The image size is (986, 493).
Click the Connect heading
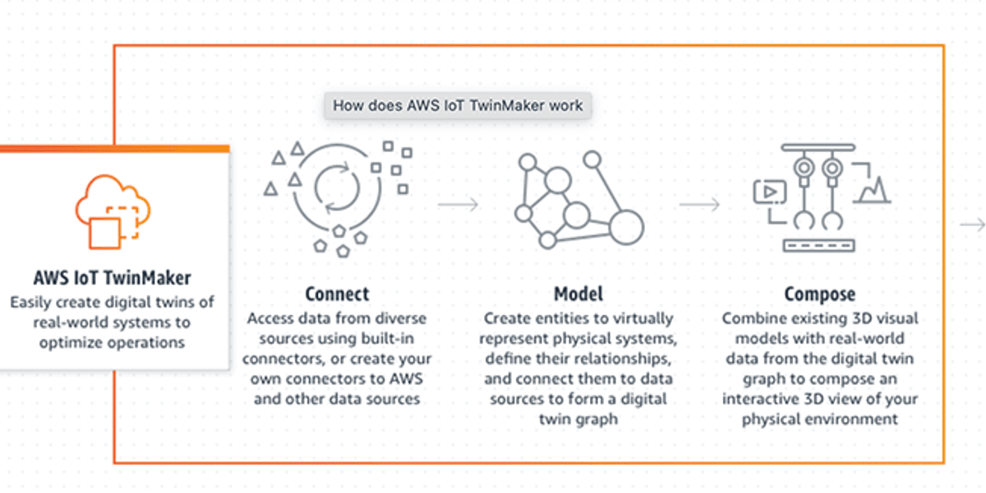pos(337,294)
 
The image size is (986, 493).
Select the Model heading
pos(578,294)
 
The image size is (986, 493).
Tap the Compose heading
pos(819,294)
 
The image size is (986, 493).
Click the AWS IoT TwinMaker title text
pos(113,277)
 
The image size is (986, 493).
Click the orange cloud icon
pos(113,211)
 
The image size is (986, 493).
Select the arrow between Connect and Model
pos(458,205)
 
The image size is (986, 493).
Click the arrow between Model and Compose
pos(699,205)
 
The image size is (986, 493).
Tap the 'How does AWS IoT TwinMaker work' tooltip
pos(458,105)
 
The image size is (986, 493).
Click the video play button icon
pos(770,192)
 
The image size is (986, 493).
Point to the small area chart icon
pos(872,190)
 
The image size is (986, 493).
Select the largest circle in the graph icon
pos(624,225)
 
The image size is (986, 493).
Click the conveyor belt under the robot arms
pos(818,244)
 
